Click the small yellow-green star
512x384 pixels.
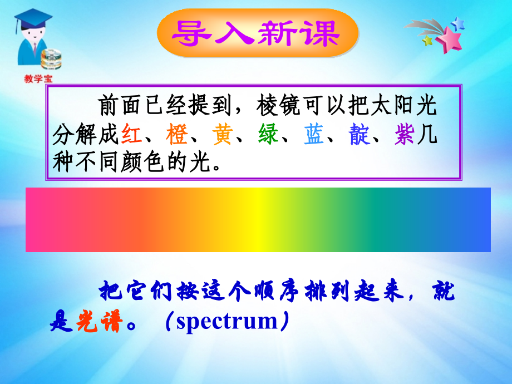click(427, 41)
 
